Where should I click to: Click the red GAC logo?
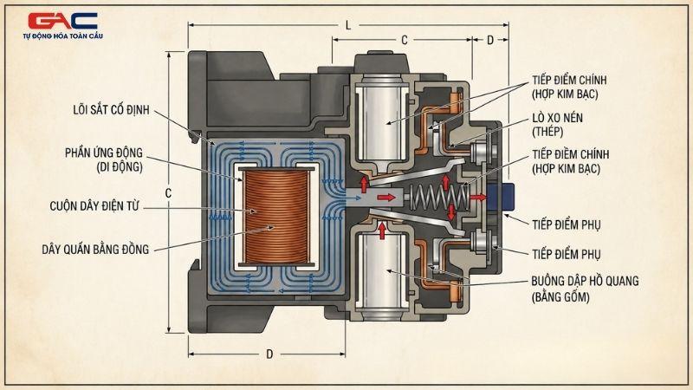pyautogui.click(x=62, y=21)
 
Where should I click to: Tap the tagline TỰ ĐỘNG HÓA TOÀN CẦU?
pyautogui.click(x=62, y=36)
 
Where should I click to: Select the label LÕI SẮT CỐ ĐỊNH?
pyautogui.click(x=112, y=110)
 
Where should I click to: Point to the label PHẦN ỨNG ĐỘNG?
pyautogui.click(x=104, y=153)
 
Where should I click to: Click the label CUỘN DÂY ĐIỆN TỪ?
pyautogui.click(x=94, y=206)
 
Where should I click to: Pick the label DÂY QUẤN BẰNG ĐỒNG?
pyautogui.click(x=95, y=250)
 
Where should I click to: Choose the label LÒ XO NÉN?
pyautogui.click(x=557, y=118)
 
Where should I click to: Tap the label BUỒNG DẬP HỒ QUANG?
pyautogui.click(x=585, y=281)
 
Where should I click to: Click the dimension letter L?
pyautogui.click(x=348, y=25)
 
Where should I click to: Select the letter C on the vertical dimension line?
pyautogui.click(x=168, y=193)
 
